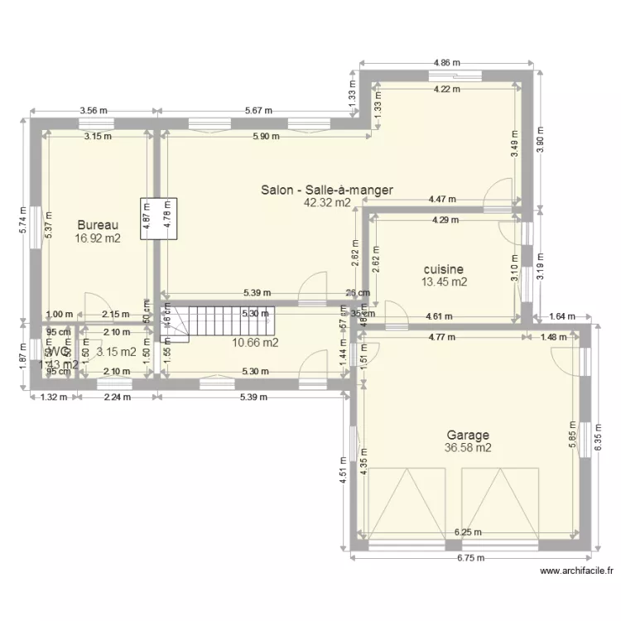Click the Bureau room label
pos(98,225)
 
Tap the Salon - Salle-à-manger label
pos(326,190)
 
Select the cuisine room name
pos(444,269)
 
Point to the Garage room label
pos(468,435)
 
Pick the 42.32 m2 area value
pos(326,202)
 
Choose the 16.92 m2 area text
pos(98,238)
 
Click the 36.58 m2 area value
pos(468,448)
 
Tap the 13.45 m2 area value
pos(444,282)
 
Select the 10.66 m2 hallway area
pos(254,342)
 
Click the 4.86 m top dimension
pos(447,63)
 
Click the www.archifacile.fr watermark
pos(577,570)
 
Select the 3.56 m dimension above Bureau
pos(93,111)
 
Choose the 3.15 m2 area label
pos(116,352)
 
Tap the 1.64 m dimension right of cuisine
pos(561,315)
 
